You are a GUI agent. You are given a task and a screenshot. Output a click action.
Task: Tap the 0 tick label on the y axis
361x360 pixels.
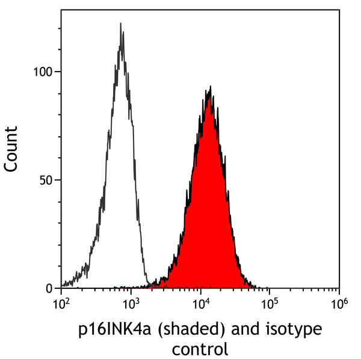50,288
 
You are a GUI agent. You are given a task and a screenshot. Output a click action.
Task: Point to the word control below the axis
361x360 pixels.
200,349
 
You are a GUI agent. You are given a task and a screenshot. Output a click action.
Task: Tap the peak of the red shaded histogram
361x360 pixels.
209,87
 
